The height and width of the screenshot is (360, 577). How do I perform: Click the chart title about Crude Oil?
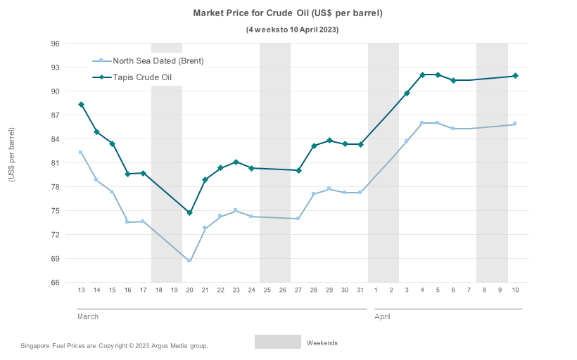point(288,13)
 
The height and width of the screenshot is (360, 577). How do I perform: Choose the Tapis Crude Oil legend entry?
point(142,77)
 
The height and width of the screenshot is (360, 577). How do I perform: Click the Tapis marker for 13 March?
point(81,105)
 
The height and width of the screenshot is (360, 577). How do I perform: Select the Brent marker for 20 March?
point(189,261)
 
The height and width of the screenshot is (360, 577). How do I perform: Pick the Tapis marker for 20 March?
point(189,213)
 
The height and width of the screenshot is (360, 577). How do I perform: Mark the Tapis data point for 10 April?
point(515,76)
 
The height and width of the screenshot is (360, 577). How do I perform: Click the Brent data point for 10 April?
point(515,124)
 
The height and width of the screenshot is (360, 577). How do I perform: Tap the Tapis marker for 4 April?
point(422,75)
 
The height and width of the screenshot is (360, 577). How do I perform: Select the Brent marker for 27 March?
point(298,219)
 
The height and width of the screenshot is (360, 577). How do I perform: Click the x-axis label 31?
point(360,290)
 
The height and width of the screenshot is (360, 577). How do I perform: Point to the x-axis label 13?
point(82,290)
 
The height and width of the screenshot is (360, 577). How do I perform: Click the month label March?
point(88,317)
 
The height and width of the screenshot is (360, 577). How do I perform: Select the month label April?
point(382,317)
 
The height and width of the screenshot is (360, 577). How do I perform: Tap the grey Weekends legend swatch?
point(277,342)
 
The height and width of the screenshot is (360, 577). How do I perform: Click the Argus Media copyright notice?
point(114,346)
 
